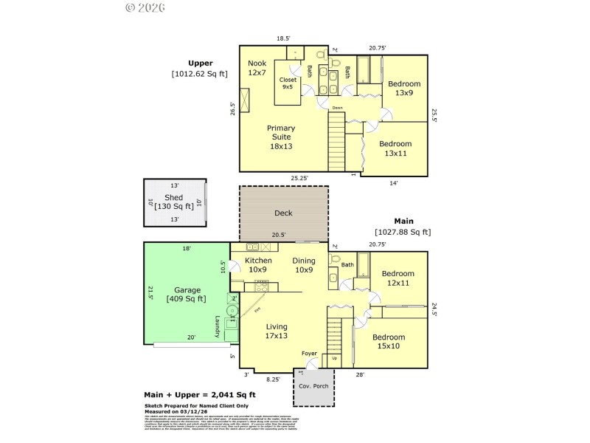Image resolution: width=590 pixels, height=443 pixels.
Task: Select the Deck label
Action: point(283,213)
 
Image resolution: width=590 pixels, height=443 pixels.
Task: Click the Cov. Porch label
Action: point(313,386)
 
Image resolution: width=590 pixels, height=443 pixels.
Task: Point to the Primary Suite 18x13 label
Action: point(281,137)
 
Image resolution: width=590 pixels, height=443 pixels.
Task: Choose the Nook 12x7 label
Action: point(257,68)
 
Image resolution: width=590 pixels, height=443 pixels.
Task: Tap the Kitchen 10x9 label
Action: point(258,265)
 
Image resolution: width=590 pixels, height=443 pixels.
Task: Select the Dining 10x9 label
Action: point(304,265)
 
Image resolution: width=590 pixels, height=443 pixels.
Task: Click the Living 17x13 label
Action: point(277,331)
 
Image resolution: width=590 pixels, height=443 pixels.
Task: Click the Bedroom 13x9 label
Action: point(403,88)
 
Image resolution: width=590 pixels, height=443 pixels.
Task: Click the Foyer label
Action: point(310,354)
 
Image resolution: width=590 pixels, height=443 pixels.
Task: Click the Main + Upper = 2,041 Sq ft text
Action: point(199,396)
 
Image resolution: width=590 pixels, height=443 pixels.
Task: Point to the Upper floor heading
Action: point(200,63)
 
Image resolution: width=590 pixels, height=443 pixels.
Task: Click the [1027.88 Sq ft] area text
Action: point(403,232)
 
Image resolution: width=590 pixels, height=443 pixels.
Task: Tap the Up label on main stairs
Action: point(335,359)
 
